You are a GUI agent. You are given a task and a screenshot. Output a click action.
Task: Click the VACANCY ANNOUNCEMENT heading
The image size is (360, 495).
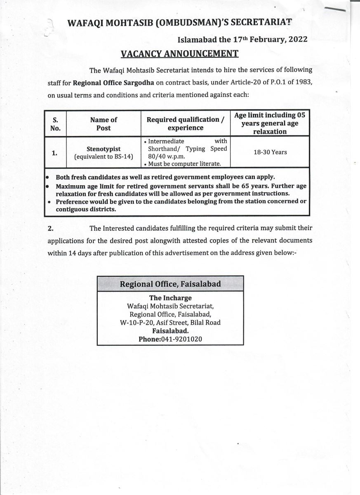[x=179, y=54]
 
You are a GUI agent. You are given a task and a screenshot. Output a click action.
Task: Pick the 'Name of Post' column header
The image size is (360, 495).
[x=104, y=124]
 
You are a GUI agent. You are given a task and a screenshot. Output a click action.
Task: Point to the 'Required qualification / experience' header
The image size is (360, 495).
[x=186, y=123]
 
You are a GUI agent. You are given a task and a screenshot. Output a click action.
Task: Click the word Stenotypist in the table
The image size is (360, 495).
[x=104, y=148]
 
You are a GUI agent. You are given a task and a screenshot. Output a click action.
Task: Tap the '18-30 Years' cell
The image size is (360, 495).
[x=271, y=152]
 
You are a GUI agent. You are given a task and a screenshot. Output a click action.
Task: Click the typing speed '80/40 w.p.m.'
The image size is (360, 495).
[x=167, y=156]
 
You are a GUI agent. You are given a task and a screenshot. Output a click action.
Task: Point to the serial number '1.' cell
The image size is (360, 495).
[x=54, y=153]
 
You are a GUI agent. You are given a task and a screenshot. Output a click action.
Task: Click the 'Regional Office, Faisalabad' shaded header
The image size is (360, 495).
[x=170, y=284]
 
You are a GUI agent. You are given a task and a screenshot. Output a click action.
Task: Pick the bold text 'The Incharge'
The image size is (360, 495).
[x=170, y=298]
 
